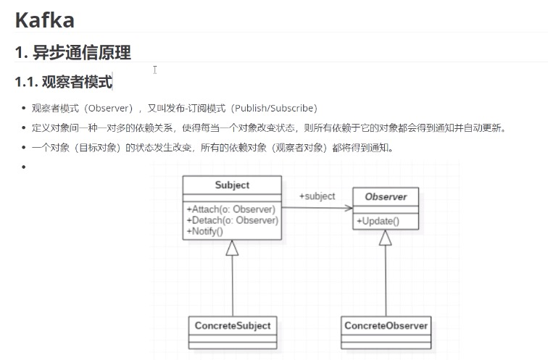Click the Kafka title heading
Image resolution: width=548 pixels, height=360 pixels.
44,20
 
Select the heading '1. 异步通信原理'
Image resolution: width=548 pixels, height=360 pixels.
72,52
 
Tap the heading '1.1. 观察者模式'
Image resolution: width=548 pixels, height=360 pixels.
64,82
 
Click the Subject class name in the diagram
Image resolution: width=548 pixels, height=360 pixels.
232,185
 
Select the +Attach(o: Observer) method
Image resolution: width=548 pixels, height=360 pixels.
231,209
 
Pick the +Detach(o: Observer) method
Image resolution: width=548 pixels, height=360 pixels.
232,220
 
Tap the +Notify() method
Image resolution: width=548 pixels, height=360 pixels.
204,231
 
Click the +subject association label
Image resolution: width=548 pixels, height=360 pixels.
317,196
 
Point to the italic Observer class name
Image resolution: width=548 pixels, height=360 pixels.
386,196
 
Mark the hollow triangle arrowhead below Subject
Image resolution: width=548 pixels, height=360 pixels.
232,248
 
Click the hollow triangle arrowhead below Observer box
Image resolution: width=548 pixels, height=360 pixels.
386,238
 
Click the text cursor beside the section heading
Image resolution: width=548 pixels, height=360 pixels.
155,70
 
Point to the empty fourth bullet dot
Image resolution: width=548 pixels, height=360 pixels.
23,167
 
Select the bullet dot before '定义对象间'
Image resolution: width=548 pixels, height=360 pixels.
23,128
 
